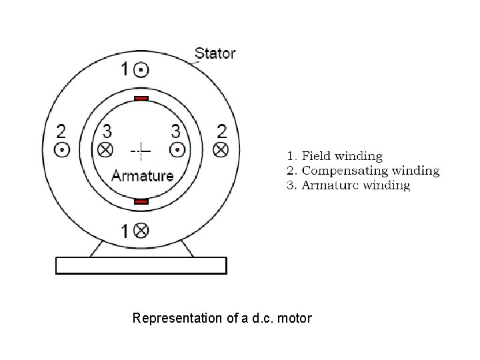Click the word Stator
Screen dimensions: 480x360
click(215, 53)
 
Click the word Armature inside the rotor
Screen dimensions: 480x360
click(142, 176)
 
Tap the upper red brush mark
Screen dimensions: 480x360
click(141, 99)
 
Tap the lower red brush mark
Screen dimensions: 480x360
click(141, 201)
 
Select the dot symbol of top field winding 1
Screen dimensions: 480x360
click(141, 69)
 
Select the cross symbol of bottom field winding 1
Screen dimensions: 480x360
click(141, 231)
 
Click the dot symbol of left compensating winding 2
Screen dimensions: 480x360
click(61, 149)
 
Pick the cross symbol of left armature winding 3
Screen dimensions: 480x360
click(105, 148)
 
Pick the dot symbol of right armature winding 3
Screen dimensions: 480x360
click(176, 148)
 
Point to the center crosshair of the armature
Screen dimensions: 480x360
click(141, 151)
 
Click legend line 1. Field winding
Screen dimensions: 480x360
click(335, 157)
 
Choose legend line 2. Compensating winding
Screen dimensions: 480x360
click(363, 171)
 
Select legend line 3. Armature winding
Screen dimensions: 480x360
click(349, 185)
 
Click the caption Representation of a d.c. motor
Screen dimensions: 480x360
click(222, 318)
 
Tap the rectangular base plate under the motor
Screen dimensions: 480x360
click(141, 265)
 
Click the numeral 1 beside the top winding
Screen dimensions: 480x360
click(125, 69)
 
